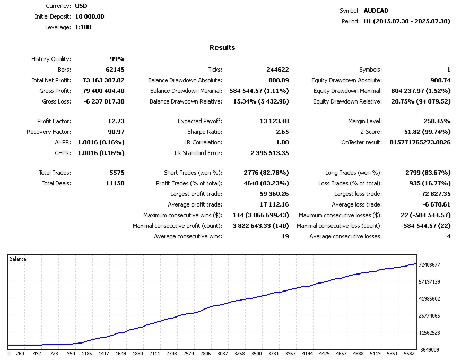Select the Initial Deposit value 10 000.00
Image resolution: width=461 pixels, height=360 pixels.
86,16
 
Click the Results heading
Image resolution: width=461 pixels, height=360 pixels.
222,47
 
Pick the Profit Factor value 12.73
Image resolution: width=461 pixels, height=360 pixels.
116,121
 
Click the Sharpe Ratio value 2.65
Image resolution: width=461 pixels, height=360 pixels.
283,132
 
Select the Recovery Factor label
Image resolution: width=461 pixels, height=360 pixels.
48,132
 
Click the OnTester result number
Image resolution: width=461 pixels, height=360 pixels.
420,142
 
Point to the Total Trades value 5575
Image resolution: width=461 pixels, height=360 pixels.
115,173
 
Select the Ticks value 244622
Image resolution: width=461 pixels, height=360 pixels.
277,70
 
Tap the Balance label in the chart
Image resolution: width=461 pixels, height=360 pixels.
18,259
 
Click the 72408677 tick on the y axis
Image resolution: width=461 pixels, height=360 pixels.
429,264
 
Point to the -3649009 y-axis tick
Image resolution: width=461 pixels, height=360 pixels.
429,350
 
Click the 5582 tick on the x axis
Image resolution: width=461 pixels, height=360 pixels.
409,353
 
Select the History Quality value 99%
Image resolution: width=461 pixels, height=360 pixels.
117,59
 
